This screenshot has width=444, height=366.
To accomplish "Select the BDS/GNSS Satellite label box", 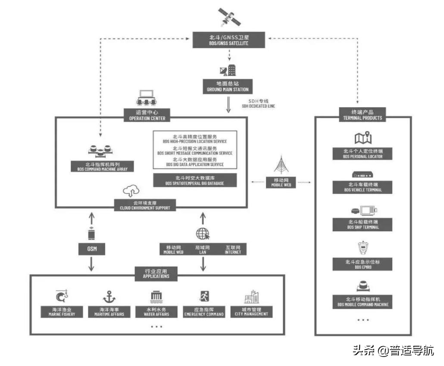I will click(229, 41).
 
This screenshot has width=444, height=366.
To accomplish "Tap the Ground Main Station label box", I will click(228, 87).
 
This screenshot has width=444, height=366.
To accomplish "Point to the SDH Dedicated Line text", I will click(258, 103).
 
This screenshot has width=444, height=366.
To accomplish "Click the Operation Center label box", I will click(144, 115).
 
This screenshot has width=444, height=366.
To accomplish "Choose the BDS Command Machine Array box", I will click(103, 167).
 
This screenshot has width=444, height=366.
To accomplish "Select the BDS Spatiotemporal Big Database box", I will click(195, 180).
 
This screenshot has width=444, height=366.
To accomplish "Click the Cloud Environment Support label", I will click(145, 205).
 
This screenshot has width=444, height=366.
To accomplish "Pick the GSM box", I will click(91, 249).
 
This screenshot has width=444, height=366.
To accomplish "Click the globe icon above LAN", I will click(203, 234).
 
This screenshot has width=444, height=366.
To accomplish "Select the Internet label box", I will click(233, 249).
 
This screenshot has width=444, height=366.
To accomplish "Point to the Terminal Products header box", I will click(363, 115).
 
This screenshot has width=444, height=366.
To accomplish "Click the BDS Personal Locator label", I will click(363, 154).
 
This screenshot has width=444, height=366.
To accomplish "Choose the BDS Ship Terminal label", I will click(363, 224).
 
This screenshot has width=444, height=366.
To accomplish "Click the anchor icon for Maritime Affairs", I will click(109, 297).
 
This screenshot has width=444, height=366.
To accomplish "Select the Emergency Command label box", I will click(204, 312).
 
